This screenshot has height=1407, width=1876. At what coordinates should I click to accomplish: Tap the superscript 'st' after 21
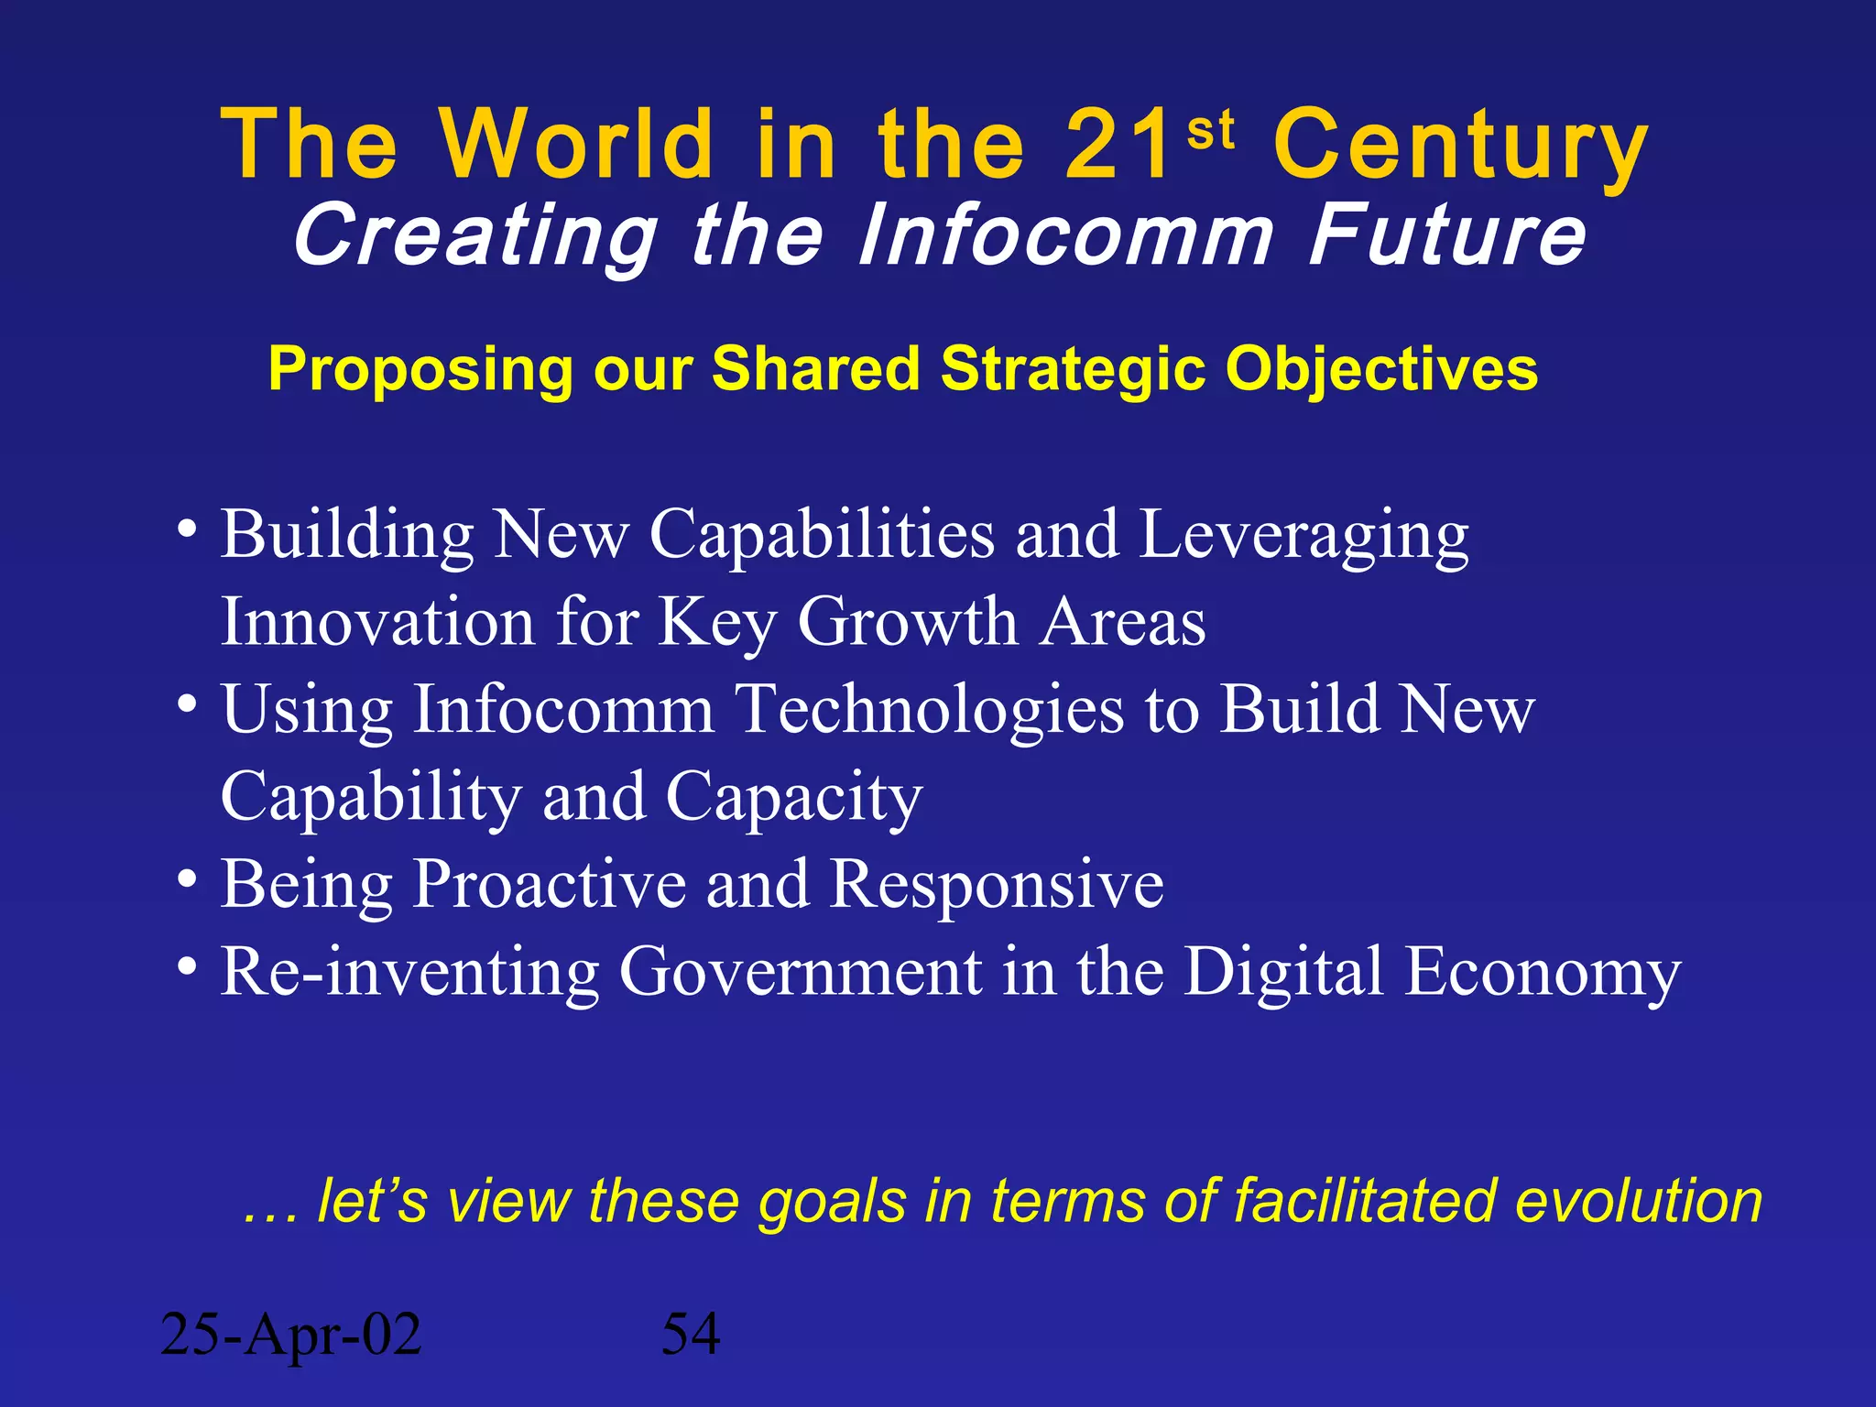pyautogui.click(x=1210, y=131)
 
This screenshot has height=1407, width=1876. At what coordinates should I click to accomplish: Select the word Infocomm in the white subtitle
pyautogui.click(x=1064, y=235)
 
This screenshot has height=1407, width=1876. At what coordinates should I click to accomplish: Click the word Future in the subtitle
pyautogui.click(x=1446, y=235)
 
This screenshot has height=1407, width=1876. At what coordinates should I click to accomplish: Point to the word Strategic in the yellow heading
pyautogui.click(x=1073, y=370)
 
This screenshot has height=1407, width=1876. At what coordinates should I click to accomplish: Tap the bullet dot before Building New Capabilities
pyautogui.click(x=187, y=529)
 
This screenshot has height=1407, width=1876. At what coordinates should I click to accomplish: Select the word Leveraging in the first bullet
pyautogui.click(x=1303, y=537)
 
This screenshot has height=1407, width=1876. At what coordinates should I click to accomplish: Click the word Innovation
pyautogui.click(x=377, y=622)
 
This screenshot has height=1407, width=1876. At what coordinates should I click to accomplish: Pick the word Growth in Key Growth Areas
pyautogui.click(x=907, y=622)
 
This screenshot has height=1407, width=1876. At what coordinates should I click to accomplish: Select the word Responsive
pyautogui.click(x=996, y=885)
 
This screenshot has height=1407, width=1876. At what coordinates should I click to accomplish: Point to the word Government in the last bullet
pyautogui.click(x=800, y=972)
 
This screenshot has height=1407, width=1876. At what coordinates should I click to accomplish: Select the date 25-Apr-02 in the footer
pyautogui.click(x=290, y=1335)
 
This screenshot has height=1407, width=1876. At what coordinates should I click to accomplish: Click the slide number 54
pyautogui.click(x=691, y=1335)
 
